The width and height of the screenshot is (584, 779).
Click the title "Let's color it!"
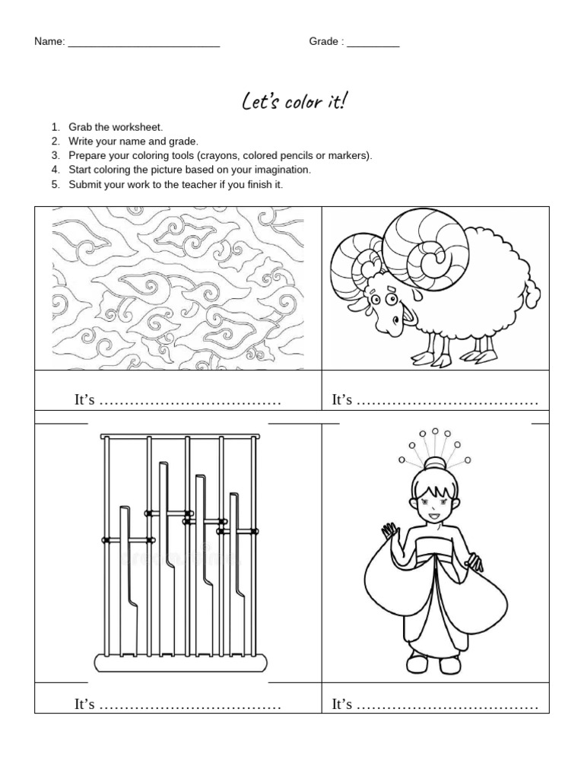[x=292, y=101]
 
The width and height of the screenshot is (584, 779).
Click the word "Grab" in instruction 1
[x=81, y=127]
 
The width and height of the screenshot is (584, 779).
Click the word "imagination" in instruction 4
[x=282, y=170]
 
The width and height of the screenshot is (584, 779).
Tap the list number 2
[x=55, y=141]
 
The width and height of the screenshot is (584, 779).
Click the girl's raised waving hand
[x=390, y=530]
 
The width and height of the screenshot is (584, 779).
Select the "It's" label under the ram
[x=341, y=400]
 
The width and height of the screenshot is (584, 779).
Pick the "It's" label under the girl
[x=341, y=704]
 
